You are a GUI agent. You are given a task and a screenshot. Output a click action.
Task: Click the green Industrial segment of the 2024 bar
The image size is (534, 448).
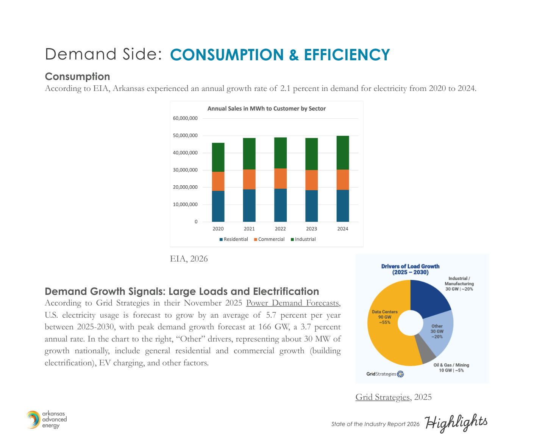[x=343, y=152]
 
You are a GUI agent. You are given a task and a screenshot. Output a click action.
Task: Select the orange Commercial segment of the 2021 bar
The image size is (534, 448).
[x=249, y=179]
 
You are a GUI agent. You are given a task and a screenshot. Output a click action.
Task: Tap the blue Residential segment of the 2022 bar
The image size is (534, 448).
[x=280, y=205]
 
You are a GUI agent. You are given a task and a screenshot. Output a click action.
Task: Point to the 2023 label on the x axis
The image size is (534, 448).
[x=311, y=229]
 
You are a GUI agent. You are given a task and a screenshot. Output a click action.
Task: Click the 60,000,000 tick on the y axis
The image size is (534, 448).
[x=185, y=118]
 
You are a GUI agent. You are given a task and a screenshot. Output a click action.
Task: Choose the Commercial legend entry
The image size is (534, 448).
[x=269, y=240]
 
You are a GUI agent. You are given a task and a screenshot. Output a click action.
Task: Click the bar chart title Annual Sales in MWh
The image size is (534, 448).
[x=266, y=109]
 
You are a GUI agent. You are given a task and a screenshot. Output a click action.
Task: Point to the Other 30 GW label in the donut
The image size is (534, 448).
[x=437, y=331]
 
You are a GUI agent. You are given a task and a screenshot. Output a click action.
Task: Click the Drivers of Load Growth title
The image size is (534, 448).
[x=410, y=269]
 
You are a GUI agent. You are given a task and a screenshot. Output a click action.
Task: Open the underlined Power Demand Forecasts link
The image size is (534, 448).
[x=292, y=303]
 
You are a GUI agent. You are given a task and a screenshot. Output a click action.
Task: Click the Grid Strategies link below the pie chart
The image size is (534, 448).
[x=383, y=397]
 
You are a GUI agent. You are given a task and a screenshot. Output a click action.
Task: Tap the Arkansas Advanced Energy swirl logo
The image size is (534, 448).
[x=33, y=420]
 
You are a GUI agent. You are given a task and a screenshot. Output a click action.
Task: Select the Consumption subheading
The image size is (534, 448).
[x=77, y=77]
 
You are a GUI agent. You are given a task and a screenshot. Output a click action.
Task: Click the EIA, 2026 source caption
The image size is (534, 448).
[x=189, y=259]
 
